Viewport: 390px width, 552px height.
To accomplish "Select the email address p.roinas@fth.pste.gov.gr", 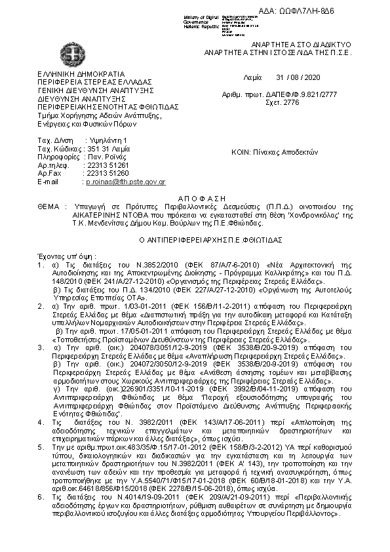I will [x=125, y=181].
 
